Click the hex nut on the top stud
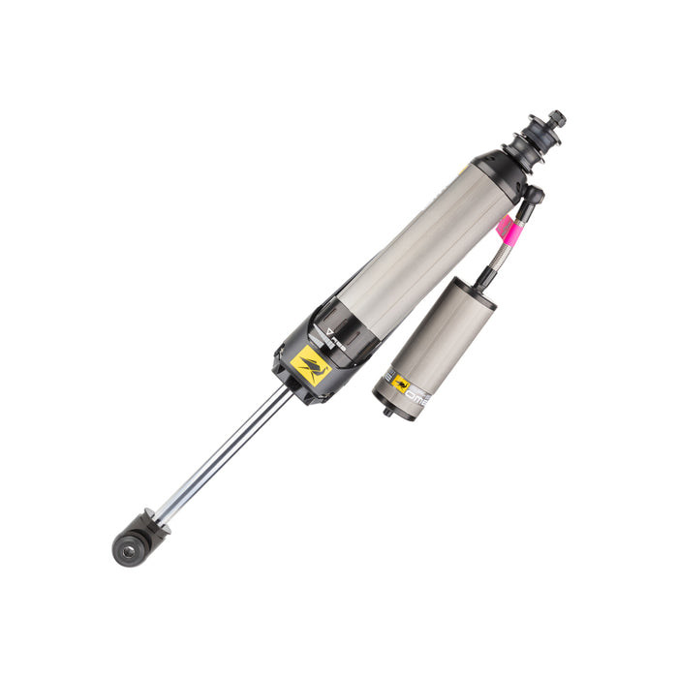556,119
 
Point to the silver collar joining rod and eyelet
161,519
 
